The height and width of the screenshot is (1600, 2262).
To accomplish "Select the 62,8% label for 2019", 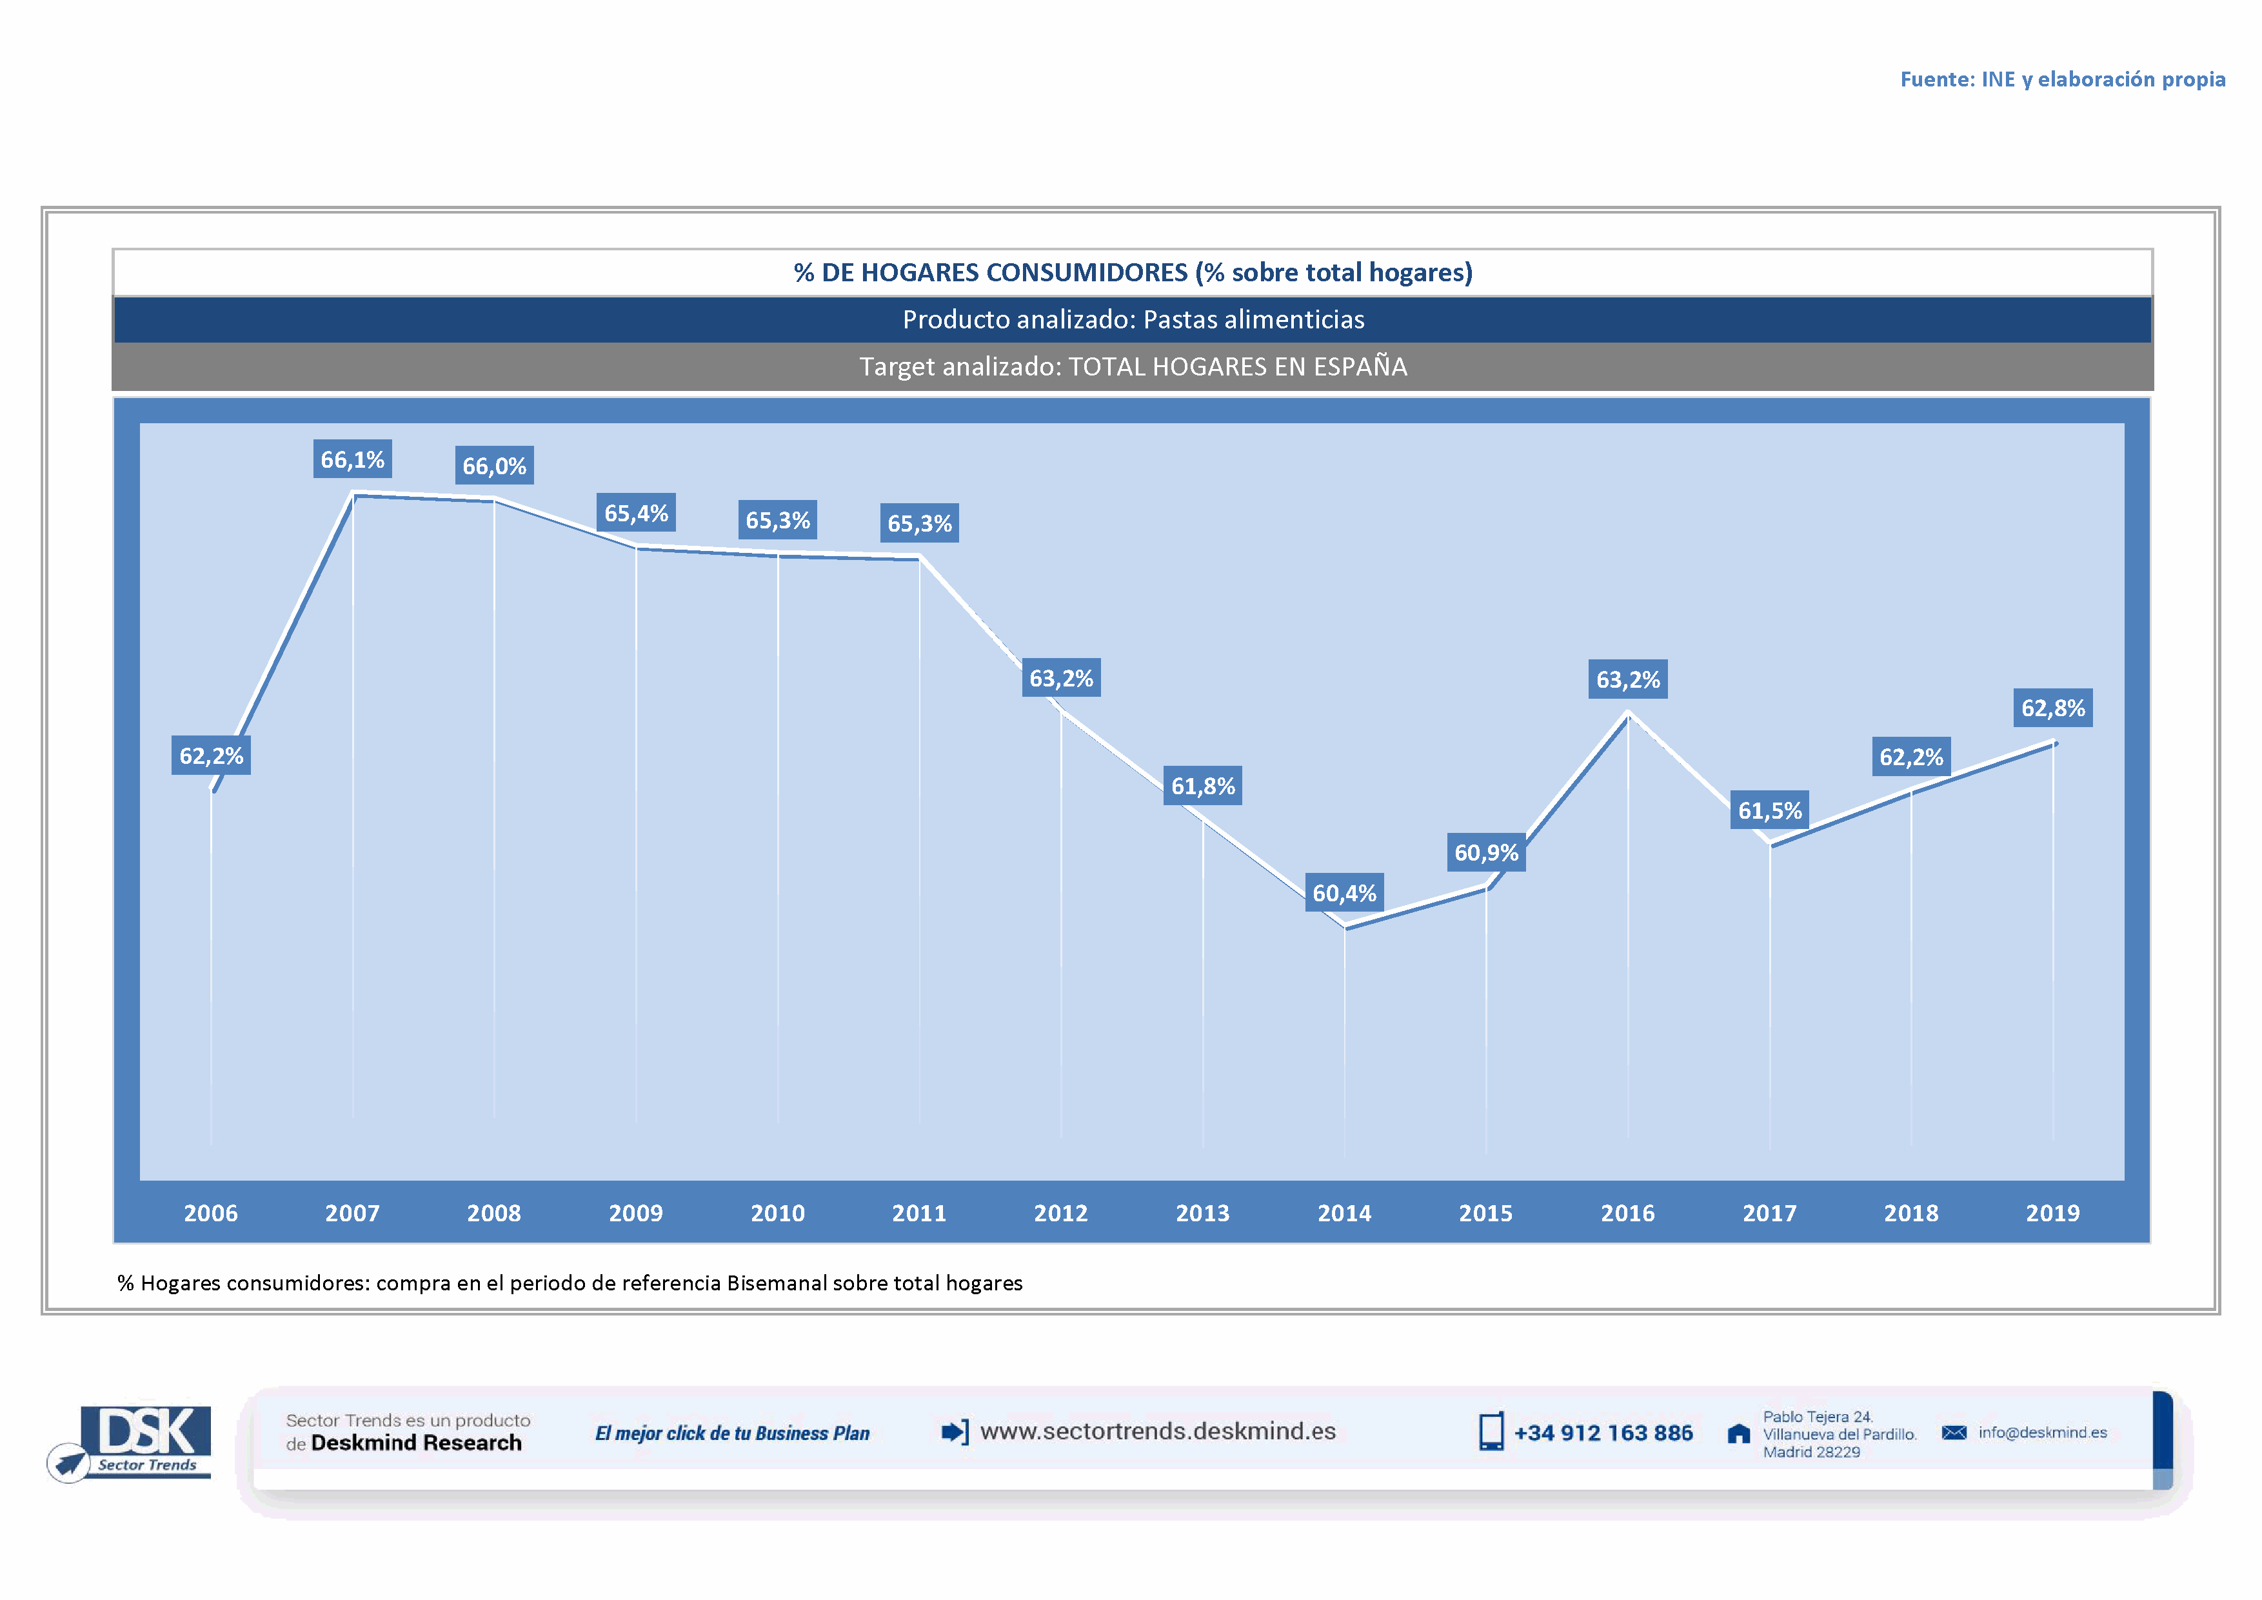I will (2052, 707).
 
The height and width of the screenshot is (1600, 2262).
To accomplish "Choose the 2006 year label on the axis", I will (211, 1213).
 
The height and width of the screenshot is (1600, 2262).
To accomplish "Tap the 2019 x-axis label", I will (2052, 1213).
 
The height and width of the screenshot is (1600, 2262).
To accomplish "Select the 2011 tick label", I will (919, 1213).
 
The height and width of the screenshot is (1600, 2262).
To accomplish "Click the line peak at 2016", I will (1627, 714).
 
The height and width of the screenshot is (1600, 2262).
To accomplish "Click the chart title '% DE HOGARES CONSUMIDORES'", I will (1133, 272).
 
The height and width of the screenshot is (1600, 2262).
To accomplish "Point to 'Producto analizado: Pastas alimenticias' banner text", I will (1133, 319).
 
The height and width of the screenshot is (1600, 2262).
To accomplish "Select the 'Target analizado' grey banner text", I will (1133, 366).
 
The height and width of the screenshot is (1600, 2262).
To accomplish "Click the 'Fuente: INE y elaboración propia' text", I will (2062, 79).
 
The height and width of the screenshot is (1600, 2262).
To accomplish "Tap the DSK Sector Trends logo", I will (138, 1441).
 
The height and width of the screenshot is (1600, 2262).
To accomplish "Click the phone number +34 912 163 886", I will (1603, 1432).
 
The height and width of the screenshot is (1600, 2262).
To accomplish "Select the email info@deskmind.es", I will (2042, 1432).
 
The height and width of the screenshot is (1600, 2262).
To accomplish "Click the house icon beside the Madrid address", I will (1739, 1434).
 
